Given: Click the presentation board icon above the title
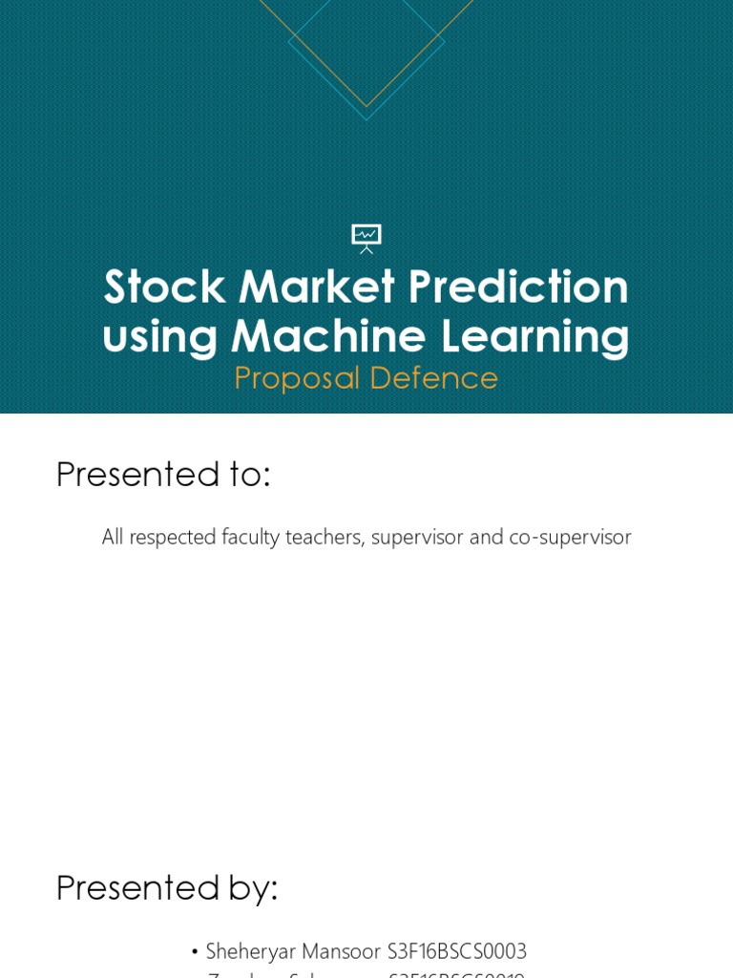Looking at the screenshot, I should [x=366, y=238].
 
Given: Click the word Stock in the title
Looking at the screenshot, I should [x=164, y=287].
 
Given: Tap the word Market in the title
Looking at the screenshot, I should [x=316, y=287].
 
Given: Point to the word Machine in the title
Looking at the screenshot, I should [x=328, y=336].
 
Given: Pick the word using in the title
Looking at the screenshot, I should [x=159, y=338].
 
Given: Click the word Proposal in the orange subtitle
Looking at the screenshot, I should [x=295, y=378].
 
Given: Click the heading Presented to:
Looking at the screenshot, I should [x=163, y=474].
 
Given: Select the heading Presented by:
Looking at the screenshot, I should [x=167, y=887].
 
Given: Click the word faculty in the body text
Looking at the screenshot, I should [x=250, y=537].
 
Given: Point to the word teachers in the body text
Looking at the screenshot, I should [x=325, y=537].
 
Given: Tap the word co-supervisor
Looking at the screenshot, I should [x=570, y=537].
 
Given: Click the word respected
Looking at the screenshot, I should [x=172, y=537].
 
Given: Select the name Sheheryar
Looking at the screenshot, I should [x=251, y=952].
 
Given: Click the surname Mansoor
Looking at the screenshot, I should [x=341, y=951].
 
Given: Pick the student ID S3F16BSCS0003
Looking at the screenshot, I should [x=457, y=951].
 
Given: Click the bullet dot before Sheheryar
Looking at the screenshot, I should [x=195, y=952].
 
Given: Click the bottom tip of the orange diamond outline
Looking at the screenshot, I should [x=366, y=106].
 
